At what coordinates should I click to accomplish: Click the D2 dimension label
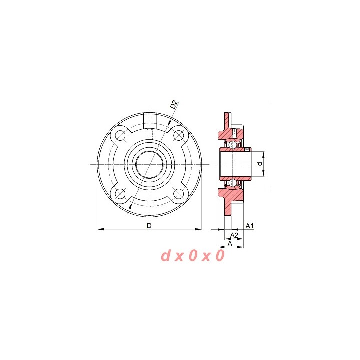click(174, 105)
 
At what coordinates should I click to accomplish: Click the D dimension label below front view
click(149, 226)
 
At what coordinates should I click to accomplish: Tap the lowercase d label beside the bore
click(260, 164)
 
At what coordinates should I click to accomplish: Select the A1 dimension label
click(250, 226)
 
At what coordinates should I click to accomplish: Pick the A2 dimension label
click(234, 235)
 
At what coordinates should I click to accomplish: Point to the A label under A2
click(230, 244)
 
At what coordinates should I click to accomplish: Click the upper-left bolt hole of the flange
click(120, 135)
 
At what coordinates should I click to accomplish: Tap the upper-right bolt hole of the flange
click(178, 135)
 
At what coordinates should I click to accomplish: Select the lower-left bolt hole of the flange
click(120, 194)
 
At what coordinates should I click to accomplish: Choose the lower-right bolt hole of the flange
click(178, 194)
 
